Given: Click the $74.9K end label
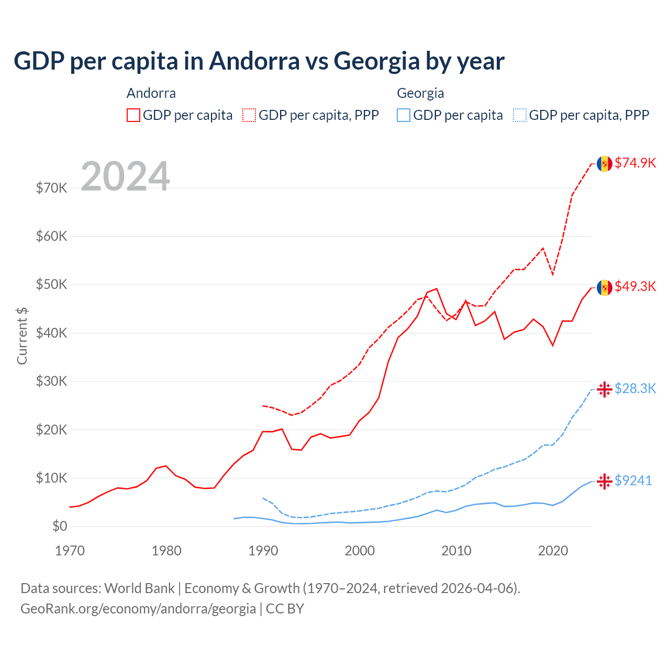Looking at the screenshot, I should [x=635, y=163].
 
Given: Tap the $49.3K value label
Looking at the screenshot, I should [x=635, y=286].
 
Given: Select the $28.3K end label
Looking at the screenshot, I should [x=635, y=388].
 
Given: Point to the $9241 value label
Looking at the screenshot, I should [x=633, y=481].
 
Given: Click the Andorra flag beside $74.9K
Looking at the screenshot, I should [x=605, y=163].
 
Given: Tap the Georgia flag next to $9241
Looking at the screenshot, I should [x=605, y=481].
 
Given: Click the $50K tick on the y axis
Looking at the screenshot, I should [x=51, y=285].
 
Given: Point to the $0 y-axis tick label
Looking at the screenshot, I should [x=59, y=526].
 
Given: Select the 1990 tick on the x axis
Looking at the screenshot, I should [x=263, y=551].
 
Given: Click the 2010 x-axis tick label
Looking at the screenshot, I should [x=456, y=551].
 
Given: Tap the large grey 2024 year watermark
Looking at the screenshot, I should [x=125, y=176].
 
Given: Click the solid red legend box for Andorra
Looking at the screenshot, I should [x=133, y=115].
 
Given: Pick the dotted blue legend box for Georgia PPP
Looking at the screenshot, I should [x=520, y=115].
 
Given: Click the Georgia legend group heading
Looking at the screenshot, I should [x=420, y=93].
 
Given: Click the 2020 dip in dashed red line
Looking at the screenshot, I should [x=553, y=275].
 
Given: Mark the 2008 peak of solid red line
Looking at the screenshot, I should [x=437, y=288].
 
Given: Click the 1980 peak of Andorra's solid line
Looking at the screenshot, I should [x=166, y=466].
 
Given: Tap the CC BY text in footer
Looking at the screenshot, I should [x=285, y=609].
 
